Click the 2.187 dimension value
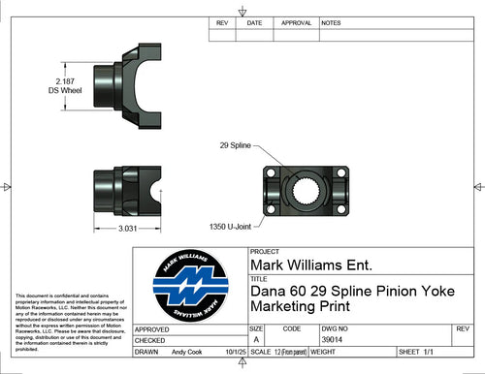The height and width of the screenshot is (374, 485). tap(66, 81)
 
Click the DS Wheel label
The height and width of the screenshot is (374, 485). tap(66, 91)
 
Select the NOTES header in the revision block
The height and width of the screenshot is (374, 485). tap(331, 21)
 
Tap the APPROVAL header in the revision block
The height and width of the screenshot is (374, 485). tap(295, 21)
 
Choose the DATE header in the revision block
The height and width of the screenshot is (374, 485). tap(254, 21)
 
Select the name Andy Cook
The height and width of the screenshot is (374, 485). tap(186, 353)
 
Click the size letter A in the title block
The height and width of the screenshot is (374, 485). tap(256, 340)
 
